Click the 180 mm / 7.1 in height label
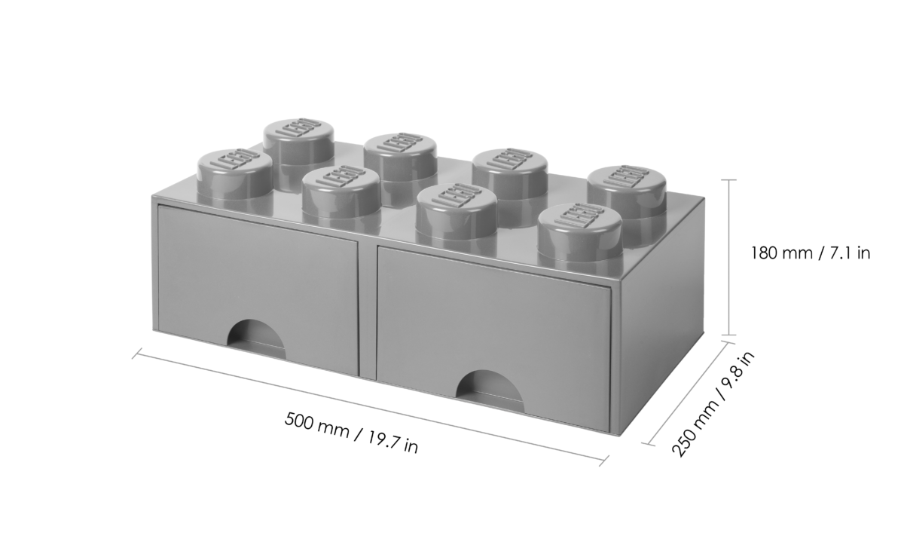pyautogui.click(x=811, y=253)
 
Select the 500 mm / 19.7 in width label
pyautogui.click(x=351, y=433)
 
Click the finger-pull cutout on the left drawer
pyautogui.click(x=256, y=339)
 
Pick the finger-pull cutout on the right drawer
pyautogui.click(x=490, y=390)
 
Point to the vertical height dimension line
pyautogui.click(x=728, y=257)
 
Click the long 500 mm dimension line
pyautogui.click(x=370, y=407)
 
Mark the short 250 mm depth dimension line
pyautogui.click(x=689, y=393)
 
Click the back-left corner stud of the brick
pyautogui.click(x=298, y=145)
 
